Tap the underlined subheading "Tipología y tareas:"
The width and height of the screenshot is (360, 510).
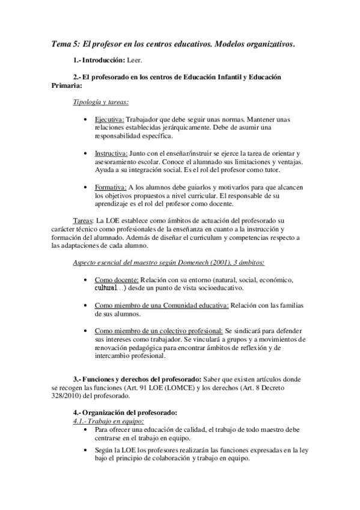(100, 102)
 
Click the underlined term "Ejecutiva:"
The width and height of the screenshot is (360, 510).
(109, 119)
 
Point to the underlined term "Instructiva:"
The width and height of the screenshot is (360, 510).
(111, 153)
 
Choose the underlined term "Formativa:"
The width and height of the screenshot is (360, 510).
(111, 188)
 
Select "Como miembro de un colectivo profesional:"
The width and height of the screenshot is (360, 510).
(159, 331)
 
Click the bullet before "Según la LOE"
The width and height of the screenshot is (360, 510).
(88, 449)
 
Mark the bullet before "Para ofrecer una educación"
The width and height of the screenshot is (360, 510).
(88, 431)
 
